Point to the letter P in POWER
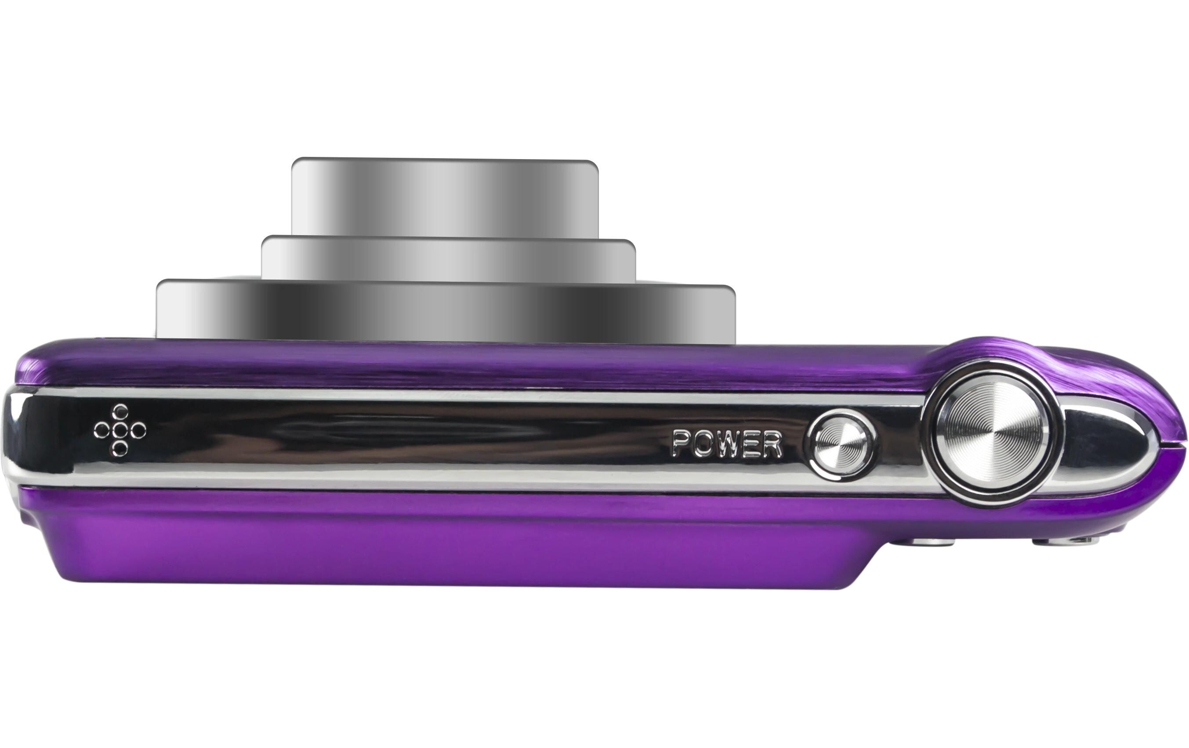pos(681,443)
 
